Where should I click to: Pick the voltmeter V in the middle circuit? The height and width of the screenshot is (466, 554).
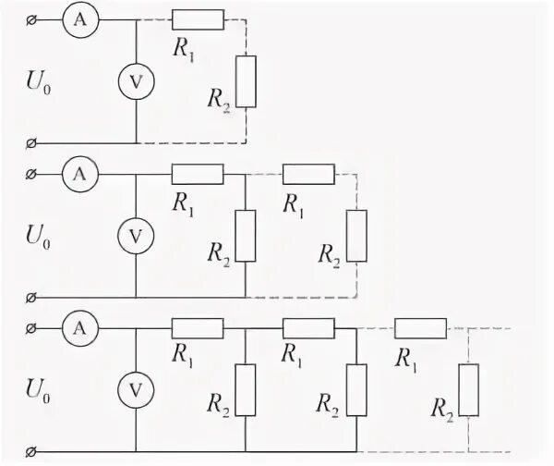tap(137, 236)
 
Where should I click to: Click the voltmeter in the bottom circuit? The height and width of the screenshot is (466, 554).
tap(137, 388)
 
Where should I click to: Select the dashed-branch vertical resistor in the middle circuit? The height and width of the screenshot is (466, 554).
tap(356, 236)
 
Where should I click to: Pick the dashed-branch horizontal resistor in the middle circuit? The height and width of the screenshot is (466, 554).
tap(308, 173)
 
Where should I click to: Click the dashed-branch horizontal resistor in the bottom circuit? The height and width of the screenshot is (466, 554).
tap(420, 326)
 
